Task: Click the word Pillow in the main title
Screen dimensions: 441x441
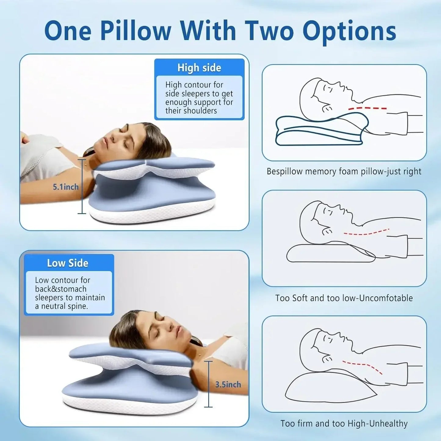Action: (136, 31)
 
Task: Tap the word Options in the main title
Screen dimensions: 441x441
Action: (349, 31)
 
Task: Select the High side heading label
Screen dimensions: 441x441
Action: (199, 68)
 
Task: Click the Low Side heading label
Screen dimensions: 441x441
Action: (67, 263)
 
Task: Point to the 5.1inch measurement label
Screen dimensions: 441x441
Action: (66, 187)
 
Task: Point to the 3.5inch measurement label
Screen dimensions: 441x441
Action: (228, 385)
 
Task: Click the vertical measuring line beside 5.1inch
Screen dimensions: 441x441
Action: (82, 201)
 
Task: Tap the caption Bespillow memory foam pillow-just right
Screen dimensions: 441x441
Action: (344, 172)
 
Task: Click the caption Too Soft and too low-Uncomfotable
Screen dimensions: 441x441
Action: (344, 298)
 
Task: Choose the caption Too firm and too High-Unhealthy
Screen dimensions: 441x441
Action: (344, 424)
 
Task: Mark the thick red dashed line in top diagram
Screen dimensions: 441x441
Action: (367, 108)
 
